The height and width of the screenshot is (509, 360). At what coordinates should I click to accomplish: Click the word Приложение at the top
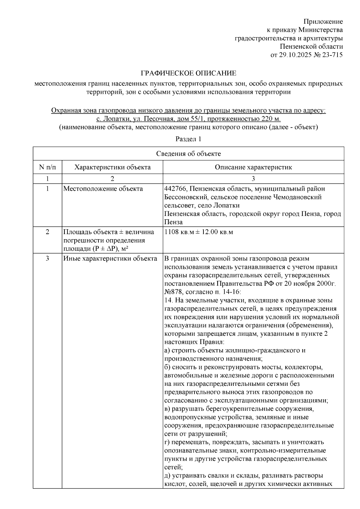[x=323, y=22]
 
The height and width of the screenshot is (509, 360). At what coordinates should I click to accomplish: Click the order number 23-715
[x=332, y=55]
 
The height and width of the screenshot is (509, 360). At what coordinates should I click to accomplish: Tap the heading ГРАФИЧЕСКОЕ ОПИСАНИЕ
[x=189, y=73]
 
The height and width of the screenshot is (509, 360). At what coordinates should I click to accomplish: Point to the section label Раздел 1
[x=188, y=139]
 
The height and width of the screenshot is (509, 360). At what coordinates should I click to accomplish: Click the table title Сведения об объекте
[x=188, y=154]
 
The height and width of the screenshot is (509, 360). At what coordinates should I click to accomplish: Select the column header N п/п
[x=47, y=167]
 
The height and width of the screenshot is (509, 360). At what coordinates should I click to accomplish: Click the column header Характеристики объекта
[x=112, y=167]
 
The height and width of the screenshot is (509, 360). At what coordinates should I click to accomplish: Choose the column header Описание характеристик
[x=253, y=167]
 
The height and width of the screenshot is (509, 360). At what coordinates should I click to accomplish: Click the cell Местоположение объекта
[x=103, y=189]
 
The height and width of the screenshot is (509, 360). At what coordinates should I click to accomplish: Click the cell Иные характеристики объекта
[x=110, y=258]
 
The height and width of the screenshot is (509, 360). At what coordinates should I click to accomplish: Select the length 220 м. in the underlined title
[x=271, y=119]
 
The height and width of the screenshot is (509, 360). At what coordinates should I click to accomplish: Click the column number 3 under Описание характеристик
[x=253, y=179]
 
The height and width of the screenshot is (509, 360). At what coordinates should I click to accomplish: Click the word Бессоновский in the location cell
[x=186, y=197]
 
